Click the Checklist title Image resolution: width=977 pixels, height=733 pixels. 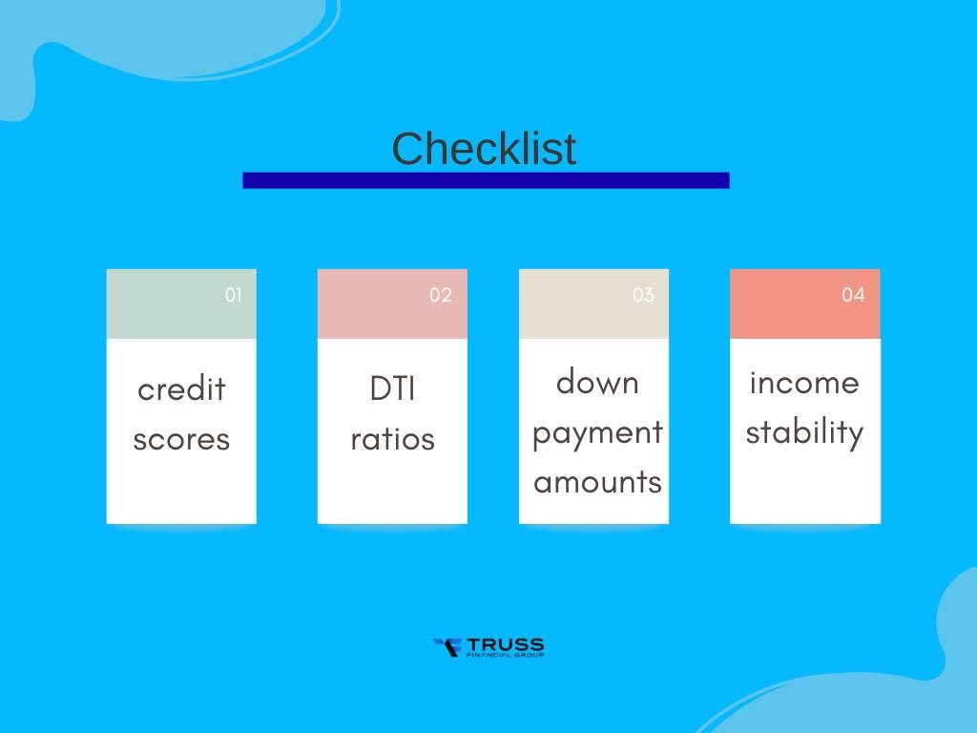484,149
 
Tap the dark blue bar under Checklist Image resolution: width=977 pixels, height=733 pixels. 486,180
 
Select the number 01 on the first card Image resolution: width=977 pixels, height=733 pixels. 234,295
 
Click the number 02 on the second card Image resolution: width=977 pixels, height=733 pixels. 440,295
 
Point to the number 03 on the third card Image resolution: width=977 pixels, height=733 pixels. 643,295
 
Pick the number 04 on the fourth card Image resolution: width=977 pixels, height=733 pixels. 853,295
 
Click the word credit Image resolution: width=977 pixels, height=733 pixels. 181,389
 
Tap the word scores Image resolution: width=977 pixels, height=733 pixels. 181,439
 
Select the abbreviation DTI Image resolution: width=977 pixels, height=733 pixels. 392,389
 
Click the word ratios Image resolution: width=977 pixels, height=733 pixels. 392,439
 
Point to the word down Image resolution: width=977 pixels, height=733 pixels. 597,382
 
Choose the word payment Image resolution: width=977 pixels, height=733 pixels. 597,433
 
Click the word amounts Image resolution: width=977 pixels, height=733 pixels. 597,482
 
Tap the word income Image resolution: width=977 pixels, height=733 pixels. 804,382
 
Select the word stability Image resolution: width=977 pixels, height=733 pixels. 804,432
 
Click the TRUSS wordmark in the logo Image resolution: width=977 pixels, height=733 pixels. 505,644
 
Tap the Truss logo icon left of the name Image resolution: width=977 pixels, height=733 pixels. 447,648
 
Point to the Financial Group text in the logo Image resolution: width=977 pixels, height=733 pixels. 505,656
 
